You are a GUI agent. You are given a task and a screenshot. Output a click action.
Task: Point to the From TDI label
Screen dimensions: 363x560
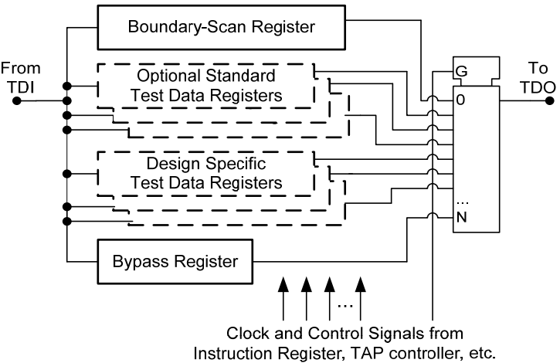22,75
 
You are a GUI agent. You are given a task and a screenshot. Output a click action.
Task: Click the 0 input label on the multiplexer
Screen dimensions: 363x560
460,100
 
